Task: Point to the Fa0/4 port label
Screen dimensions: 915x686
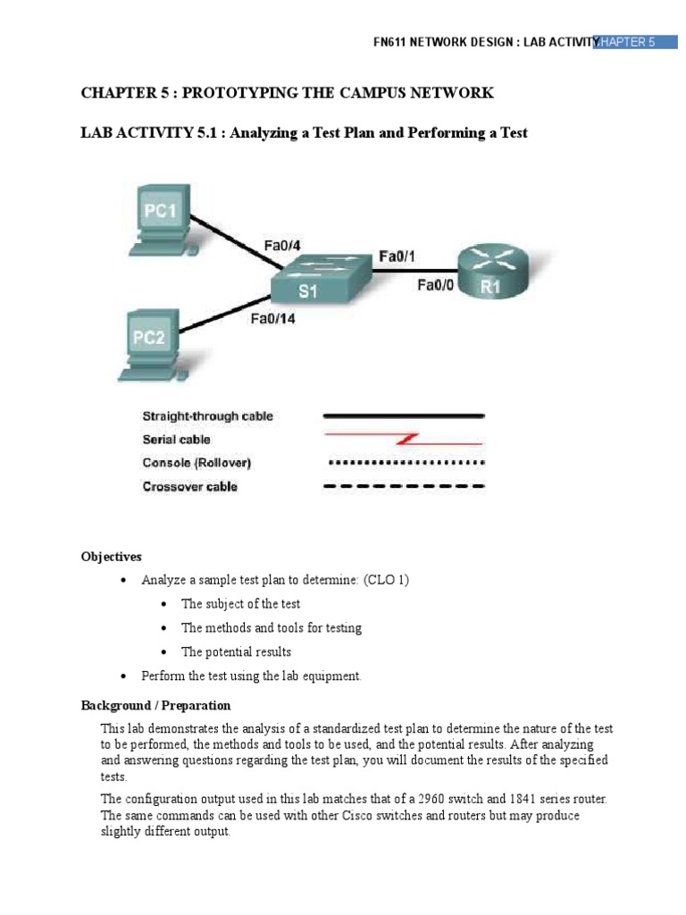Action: point(281,244)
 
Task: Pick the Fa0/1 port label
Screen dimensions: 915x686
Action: point(397,256)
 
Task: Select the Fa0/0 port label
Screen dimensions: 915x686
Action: point(437,286)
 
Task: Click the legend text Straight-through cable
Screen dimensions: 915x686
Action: point(207,416)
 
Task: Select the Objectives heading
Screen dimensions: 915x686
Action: point(112,557)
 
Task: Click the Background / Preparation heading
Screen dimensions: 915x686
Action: point(155,705)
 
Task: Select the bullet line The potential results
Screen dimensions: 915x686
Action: point(236,651)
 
